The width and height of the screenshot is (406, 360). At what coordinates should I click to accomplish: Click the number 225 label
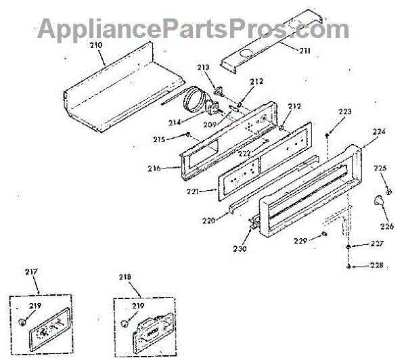point(380,167)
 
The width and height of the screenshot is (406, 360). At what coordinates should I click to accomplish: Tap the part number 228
point(376,265)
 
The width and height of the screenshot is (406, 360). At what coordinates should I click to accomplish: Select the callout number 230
point(241,248)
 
